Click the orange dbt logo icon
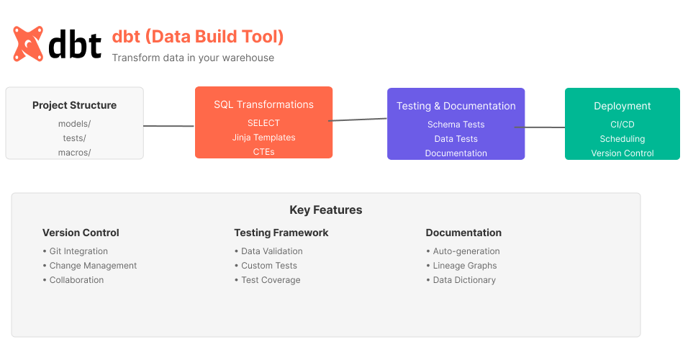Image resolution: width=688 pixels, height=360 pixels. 28,43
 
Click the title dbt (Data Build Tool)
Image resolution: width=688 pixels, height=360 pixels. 198,36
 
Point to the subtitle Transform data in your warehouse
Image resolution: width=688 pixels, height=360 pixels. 193,58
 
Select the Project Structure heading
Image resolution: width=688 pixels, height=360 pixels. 74,105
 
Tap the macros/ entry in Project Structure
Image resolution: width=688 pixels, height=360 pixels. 74,152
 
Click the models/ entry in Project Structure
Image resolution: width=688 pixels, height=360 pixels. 74,123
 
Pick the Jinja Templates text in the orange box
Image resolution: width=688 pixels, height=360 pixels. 263,137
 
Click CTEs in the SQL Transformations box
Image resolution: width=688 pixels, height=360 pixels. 263,151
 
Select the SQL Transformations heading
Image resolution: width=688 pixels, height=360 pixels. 263,104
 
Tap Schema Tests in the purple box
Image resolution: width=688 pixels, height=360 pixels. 456,124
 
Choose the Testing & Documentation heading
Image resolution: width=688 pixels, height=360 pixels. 456,106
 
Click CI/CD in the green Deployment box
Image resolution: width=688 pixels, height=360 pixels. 622,124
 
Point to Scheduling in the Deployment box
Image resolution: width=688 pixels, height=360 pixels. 622,138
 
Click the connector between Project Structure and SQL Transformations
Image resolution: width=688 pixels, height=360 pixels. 169,126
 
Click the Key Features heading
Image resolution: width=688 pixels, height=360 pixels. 325,210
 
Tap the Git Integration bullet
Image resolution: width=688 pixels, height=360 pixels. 78,251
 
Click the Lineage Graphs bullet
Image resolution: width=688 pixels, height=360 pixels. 464,266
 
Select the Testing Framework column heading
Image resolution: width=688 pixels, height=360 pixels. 281,233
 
